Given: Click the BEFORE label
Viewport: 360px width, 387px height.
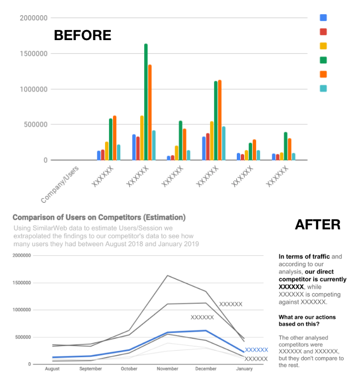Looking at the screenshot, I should (82, 35).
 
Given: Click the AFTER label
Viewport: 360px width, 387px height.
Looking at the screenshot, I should (317, 224).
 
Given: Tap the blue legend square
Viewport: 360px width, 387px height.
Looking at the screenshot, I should (323, 18).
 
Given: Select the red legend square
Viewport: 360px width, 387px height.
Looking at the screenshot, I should (323, 32).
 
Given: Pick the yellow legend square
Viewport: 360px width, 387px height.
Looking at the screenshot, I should (323, 46).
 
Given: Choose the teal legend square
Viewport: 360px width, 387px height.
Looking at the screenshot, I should (323, 89).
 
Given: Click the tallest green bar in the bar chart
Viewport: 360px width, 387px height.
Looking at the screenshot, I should (146, 102).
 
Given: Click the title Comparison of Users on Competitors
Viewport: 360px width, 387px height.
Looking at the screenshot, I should (99, 217).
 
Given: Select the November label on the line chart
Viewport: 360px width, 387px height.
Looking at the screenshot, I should (167, 369).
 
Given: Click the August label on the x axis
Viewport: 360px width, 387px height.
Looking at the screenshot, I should (51, 369).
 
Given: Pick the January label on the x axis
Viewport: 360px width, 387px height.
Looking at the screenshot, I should (244, 369).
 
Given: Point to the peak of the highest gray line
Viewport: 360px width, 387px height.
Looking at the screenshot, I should (167, 275).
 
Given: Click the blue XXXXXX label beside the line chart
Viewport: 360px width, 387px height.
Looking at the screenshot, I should (256, 350).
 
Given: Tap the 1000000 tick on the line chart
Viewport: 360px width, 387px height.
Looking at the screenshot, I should (31, 310).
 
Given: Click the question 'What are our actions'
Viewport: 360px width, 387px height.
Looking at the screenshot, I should (309, 320).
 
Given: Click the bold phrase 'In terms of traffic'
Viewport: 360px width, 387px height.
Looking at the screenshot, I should (304, 256).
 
